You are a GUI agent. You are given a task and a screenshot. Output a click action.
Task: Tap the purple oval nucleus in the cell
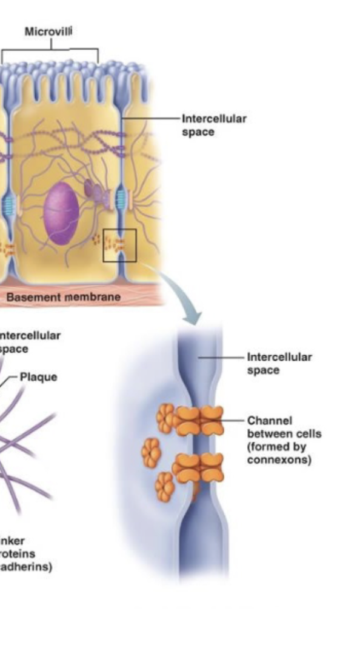pos(61,214)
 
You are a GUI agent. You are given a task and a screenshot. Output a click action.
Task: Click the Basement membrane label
pos(63,297)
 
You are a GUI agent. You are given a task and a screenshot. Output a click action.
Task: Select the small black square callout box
pos(119,245)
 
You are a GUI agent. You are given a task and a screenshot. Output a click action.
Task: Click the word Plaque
pos(38,377)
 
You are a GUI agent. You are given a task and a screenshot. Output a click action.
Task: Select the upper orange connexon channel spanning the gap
pos(199,420)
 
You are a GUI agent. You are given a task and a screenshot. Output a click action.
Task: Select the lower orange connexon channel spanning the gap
pos(199,468)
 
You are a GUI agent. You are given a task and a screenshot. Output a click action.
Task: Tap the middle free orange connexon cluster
pos(152,453)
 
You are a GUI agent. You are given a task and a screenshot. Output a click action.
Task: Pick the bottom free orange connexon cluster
pos(164,486)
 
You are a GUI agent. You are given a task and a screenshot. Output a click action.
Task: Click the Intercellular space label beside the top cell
pos(214,125)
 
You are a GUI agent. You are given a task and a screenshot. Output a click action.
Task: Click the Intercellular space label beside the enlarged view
pos(279,363)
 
